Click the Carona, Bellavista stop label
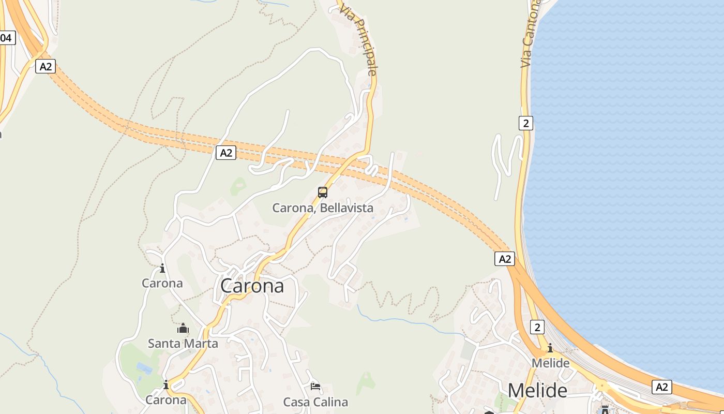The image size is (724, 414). [x=323, y=208]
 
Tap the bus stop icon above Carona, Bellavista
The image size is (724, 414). [x=323, y=193]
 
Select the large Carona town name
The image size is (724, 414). [x=252, y=286]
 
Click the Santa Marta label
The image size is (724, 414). [x=183, y=344]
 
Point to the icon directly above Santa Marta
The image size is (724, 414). [x=183, y=329]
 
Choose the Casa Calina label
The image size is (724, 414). [x=315, y=402]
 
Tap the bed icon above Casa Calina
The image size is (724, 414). [x=315, y=387]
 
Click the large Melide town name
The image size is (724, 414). [x=537, y=390]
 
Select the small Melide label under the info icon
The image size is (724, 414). [x=550, y=363]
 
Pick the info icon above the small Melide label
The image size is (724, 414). [x=550, y=348]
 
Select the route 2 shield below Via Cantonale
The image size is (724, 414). [x=526, y=123]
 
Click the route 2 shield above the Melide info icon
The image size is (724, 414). [x=537, y=327]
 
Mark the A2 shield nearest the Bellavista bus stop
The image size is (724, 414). [x=226, y=153]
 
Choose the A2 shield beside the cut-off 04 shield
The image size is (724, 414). [x=46, y=66]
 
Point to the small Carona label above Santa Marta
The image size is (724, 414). [x=162, y=283]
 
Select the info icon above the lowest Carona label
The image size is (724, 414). [x=166, y=385]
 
